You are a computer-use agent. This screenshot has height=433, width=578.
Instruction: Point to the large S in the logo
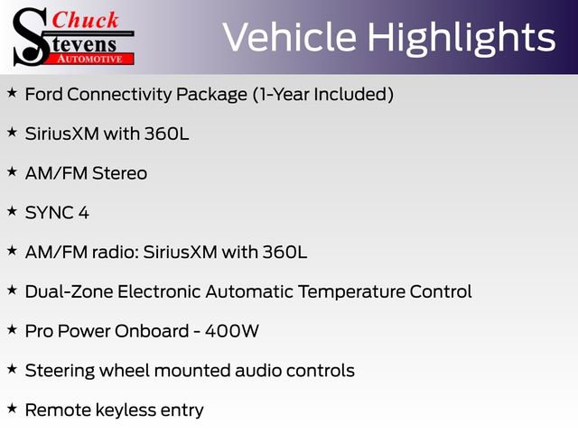click(32, 36)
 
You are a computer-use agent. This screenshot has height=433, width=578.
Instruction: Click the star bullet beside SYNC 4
click(12, 210)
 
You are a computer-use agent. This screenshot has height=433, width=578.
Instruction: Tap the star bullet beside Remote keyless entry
click(12, 408)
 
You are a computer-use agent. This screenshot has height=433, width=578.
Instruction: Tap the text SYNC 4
click(57, 213)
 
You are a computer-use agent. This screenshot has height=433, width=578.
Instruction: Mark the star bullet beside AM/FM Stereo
click(12, 170)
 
